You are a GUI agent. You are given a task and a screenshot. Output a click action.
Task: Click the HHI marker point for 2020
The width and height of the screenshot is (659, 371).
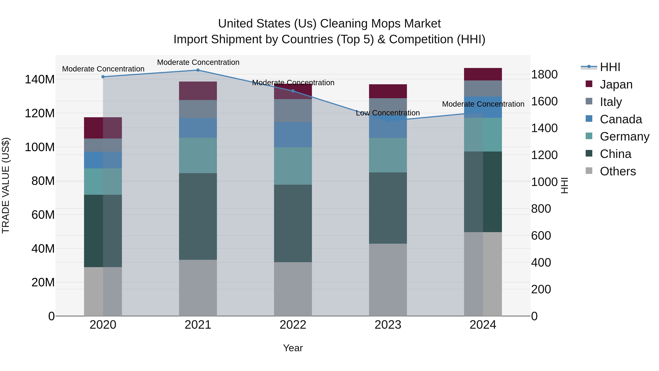tap(103, 77)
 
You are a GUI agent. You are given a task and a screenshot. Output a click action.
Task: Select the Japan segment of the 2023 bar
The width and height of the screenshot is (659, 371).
tap(388, 91)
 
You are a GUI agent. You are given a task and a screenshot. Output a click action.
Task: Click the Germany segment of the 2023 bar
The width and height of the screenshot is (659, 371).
tap(388, 155)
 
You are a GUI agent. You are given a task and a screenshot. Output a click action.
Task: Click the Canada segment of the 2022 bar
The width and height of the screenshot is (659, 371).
tap(293, 135)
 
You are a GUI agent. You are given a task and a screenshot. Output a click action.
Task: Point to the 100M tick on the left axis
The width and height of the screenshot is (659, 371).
tap(40, 147)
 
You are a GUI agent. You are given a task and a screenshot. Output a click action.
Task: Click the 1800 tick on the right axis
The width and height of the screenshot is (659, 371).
tap(544, 75)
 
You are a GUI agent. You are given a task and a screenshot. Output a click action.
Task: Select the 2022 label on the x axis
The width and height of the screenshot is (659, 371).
tap(293, 325)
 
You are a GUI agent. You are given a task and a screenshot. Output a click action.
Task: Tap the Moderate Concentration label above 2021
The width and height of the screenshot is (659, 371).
tap(198, 62)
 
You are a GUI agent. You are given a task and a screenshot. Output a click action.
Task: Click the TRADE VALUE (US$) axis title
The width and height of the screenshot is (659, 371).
tap(6, 185)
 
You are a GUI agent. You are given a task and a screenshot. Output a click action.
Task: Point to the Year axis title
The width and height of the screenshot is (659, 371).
tap(293, 348)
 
